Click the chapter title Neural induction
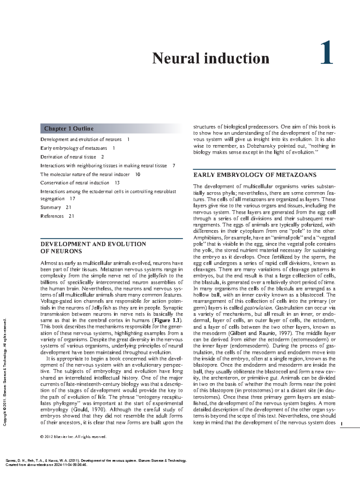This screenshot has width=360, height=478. click(211, 58)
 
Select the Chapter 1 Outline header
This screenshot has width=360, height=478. click(69, 129)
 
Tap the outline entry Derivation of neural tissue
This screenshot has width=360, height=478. click(68, 157)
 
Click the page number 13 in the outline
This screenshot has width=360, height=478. click(117, 183)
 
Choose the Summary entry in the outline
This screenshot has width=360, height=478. click(50, 207)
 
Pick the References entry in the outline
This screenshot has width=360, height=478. click(52, 216)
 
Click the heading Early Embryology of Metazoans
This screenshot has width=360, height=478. click(255, 175)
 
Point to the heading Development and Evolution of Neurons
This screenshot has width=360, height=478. click(93, 247)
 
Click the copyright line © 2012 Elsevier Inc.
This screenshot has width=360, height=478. click(73, 437)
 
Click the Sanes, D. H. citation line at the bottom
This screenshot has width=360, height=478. click(96, 461)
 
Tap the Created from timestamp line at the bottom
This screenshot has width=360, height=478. click(46, 465)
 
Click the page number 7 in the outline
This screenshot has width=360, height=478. click(174, 165)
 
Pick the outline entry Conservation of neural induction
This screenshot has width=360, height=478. click(75, 183)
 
